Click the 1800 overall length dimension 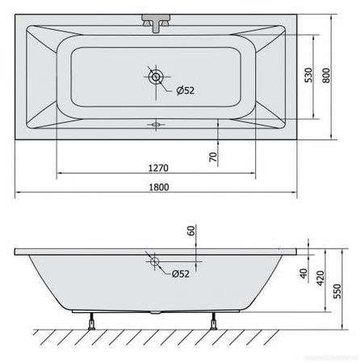159,187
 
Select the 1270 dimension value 158,168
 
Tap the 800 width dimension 326,76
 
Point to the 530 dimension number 309,75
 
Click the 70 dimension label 213,157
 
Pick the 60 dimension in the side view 190,231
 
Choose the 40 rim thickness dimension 303,273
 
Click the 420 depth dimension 320,278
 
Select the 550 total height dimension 337,291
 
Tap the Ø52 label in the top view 186,90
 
